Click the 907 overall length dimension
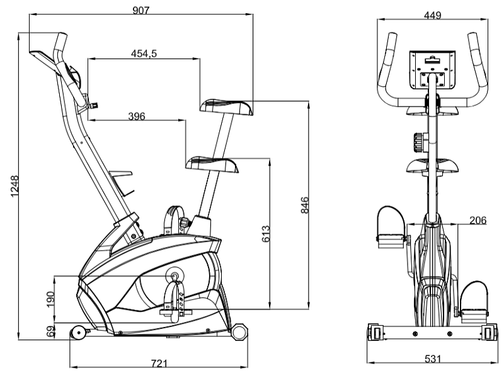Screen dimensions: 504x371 pyautogui.click(x=141, y=10)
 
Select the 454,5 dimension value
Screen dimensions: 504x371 pyautogui.click(x=144, y=54)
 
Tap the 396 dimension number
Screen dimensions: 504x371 pyautogui.click(x=137, y=116)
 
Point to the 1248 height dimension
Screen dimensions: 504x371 pyautogui.click(x=14, y=186)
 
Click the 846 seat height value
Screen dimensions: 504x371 pyautogui.click(x=304, y=205)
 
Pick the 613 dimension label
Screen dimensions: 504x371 pyautogui.click(x=266, y=234)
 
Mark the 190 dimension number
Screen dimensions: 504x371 pyautogui.click(x=51, y=299)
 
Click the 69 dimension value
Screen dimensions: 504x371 pyautogui.click(x=51, y=332)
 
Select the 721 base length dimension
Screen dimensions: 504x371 pyautogui.click(x=159, y=363)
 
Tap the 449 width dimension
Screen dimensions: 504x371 pyautogui.click(x=432, y=15)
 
